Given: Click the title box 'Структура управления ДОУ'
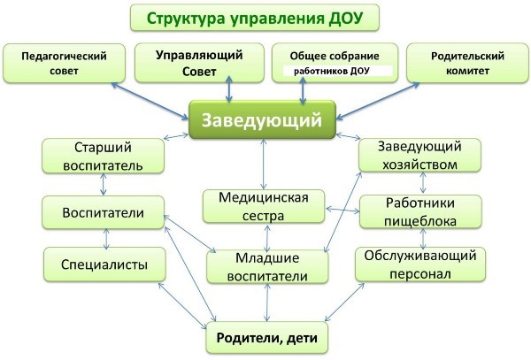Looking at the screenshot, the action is click(255, 18).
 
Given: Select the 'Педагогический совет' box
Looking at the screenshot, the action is click(64, 64).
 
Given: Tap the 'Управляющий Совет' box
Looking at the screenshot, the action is click(199, 63).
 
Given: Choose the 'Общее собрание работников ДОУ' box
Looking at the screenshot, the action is click(335, 63).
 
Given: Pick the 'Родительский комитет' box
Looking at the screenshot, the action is click(467, 64).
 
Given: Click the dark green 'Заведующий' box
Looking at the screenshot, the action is click(262, 119).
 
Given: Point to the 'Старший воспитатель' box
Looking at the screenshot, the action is click(103, 157).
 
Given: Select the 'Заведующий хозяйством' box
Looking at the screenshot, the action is click(419, 156).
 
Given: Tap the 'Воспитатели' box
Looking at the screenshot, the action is click(103, 212).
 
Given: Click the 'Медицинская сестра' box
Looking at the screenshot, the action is click(264, 206).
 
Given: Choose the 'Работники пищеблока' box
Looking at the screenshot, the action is click(420, 211).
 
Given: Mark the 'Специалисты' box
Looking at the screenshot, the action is click(104, 264).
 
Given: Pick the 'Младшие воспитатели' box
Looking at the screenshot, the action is click(267, 267).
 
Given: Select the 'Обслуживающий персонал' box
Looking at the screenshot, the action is click(420, 264).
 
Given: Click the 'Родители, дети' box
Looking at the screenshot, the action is click(267, 338).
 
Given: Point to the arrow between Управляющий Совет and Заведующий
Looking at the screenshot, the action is click(229, 89).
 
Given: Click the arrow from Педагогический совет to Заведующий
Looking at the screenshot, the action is click(150, 101).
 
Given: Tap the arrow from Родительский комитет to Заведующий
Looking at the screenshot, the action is click(378, 101).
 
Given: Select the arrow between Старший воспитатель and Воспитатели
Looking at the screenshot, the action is click(104, 184).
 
